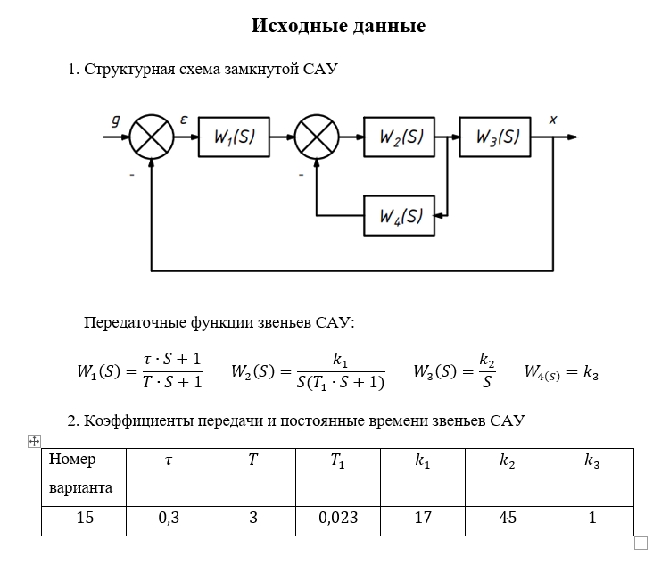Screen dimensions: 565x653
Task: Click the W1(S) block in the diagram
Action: point(234,137)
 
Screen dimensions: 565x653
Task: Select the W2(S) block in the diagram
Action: point(400,137)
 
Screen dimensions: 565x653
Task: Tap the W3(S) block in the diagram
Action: point(495,137)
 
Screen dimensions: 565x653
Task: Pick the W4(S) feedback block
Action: point(400,215)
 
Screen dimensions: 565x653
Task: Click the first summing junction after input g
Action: point(153,137)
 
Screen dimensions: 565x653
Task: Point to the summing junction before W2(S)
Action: point(317,137)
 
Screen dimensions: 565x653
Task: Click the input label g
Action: point(116,120)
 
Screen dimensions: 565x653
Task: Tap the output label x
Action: point(553,119)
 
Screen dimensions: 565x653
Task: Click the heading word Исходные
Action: point(295,26)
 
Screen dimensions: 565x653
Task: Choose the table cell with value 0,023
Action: point(338,519)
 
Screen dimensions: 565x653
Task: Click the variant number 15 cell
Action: point(85,519)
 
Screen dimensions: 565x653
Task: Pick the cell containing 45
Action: point(507,519)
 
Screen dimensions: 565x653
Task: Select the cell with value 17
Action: point(423,519)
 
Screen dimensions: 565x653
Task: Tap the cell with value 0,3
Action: point(169,519)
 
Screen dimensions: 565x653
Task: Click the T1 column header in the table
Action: point(338,461)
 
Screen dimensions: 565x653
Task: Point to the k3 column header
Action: point(591,461)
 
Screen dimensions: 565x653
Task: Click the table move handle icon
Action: point(35,441)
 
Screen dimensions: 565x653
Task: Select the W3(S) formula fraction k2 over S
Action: point(486,370)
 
